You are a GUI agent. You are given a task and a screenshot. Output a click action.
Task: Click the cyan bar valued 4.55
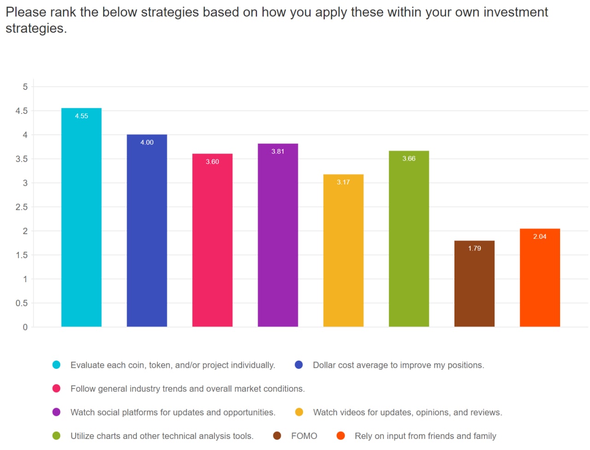pos(81,217)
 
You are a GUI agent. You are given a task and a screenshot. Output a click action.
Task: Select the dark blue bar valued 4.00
pos(147,231)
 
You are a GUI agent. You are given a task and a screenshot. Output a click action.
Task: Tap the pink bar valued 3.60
pos(212,240)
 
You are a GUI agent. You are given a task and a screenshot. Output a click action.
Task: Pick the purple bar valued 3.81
pos(277,235)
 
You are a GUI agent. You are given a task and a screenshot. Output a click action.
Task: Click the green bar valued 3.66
pos(408,239)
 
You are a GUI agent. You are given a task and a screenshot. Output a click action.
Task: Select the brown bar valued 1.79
pos(474,284)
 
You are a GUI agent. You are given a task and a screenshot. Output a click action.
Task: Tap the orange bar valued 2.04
pos(540,278)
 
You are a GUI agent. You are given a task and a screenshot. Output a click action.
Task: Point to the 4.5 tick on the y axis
pos(22,111)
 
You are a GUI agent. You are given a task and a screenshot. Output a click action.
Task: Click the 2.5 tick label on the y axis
pos(22,207)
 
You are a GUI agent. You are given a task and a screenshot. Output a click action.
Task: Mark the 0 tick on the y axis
pos(25,327)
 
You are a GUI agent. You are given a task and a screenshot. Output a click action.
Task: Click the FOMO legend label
pos(304,436)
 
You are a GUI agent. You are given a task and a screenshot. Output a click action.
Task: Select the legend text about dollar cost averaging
pos(398,365)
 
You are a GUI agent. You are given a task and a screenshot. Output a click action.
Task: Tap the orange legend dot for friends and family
pos(341,436)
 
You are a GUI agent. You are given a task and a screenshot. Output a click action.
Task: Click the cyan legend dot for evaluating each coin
pos(56,365)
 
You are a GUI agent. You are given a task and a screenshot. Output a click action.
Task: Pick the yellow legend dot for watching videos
pos(299,412)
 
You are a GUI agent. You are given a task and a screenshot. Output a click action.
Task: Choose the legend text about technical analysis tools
pos(162,436)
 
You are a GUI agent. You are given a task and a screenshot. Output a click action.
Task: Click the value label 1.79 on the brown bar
pos(474,249)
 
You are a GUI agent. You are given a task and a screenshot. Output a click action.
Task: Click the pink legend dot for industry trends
pos(56,389)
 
